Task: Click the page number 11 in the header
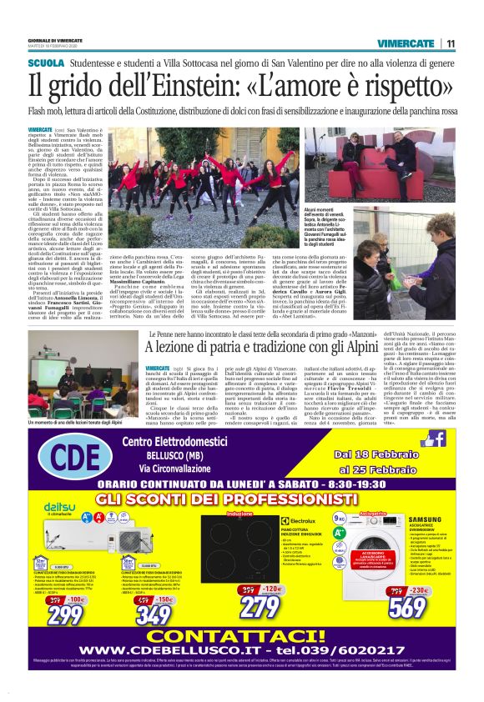(451, 43)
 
